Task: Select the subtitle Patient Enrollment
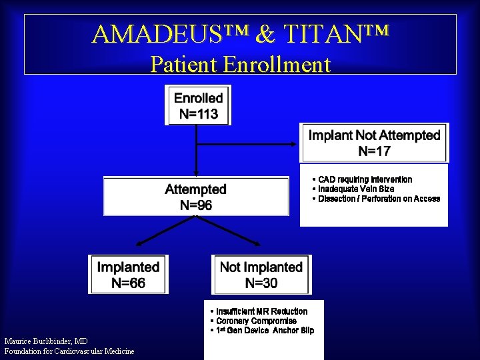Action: point(240,64)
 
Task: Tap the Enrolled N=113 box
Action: point(198,105)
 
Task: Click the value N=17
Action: point(374,151)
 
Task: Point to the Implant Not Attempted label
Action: point(374,135)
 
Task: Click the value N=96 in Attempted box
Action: point(195,205)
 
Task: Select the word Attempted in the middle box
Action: point(195,189)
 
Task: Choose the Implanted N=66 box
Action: point(128,275)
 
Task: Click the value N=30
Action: point(261,283)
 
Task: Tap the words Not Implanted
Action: point(261,267)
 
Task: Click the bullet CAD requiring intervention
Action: point(364,179)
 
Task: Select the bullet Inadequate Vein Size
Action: point(355,189)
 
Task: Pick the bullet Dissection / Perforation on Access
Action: point(378,199)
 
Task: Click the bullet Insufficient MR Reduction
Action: point(261,311)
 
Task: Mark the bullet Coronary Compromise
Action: point(255,321)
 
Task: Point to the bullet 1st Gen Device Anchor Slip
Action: point(263,331)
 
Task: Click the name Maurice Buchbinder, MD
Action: point(45,341)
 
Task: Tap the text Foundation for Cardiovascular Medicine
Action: point(69,351)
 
